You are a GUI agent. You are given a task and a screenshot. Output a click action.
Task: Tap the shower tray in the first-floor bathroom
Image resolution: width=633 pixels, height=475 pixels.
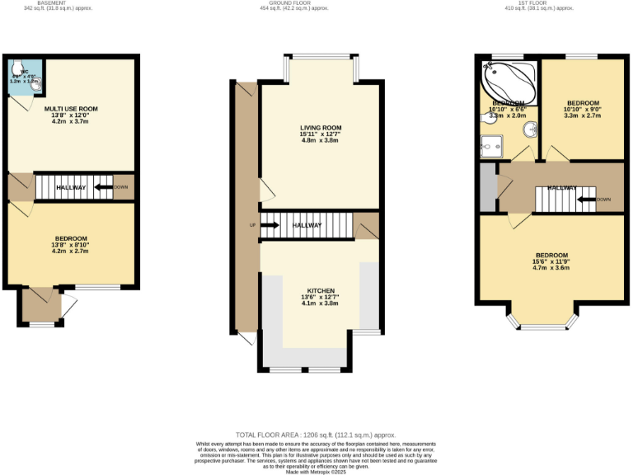492,146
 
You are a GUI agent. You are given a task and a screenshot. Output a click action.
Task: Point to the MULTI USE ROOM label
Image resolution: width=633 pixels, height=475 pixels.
71,109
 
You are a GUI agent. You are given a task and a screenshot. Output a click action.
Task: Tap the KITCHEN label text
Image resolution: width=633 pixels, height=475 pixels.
320,291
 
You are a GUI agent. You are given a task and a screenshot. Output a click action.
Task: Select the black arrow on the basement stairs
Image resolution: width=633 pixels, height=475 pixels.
103,187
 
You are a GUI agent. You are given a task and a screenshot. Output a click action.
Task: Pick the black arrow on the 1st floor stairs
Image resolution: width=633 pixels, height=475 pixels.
585,199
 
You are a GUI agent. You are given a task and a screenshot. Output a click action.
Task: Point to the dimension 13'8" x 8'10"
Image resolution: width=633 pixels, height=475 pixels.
71,245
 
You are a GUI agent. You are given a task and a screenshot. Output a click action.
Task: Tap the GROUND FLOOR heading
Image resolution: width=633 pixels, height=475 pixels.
316,3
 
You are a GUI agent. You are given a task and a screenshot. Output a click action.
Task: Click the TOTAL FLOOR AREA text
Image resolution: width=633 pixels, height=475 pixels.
316,435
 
